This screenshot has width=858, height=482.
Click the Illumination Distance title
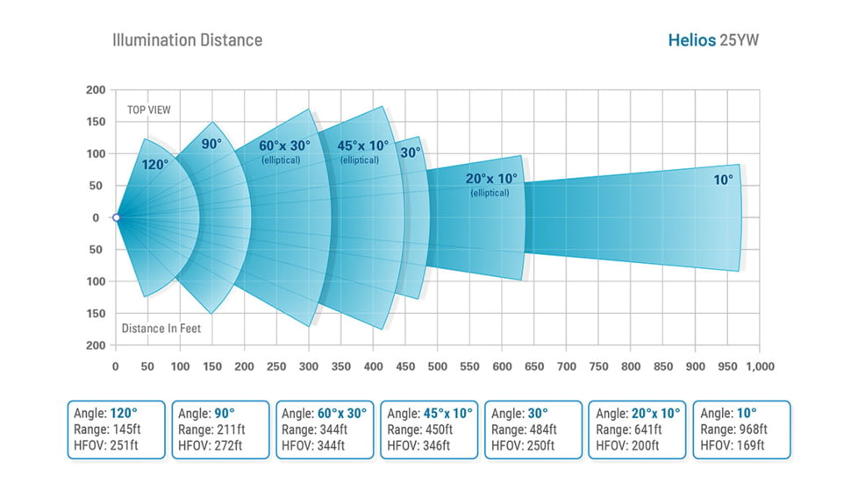[187, 40]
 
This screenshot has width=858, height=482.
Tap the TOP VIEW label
[149, 110]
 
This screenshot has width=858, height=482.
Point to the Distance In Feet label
[161, 330]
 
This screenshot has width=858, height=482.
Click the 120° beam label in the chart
[155, 163]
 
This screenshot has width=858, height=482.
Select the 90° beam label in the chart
[211, 144]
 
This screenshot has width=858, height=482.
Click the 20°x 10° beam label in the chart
[490, 178]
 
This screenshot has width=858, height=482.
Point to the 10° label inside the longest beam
[723, 180]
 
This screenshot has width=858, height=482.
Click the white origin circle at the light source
[116, 217]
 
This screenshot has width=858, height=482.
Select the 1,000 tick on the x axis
[759, 366]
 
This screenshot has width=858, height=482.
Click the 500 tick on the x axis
[437, 366]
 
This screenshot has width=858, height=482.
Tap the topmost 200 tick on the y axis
[96, 90]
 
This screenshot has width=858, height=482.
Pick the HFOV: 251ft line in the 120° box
[107, 446]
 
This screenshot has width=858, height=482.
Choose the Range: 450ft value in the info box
[420, 429]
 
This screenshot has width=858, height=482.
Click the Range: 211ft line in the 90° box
[211, 429]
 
